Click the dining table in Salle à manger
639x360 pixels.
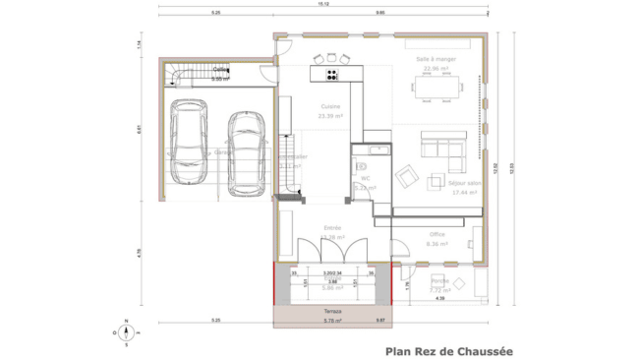(x=438, y=89)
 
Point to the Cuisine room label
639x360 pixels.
(x=330, y=106)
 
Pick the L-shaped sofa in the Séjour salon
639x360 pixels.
(x=442, y=149)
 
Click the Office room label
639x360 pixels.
(x=437, y=234)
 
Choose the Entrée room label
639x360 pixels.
(x=333, y=228)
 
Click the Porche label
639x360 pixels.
(x=438, y=281)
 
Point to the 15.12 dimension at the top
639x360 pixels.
(x=321, y=5)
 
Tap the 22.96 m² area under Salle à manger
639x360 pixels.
(x=437, y=68)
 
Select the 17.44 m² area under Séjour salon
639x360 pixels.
(x=464, y=193)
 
